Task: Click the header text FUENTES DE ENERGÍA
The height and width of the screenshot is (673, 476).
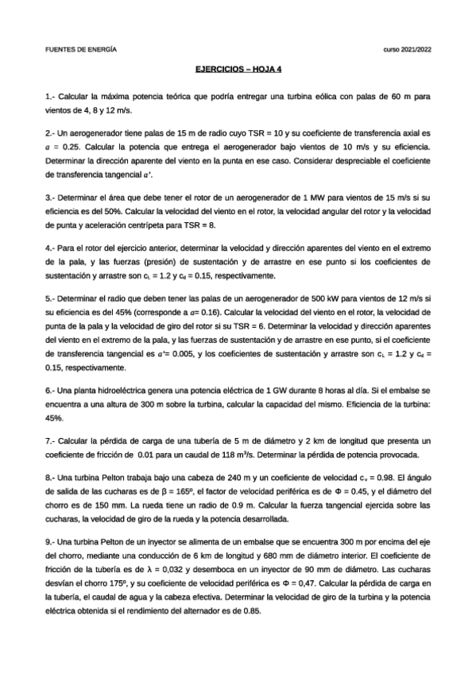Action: tap(81, 49)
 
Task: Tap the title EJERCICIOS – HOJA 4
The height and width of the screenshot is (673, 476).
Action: tap(238, 69)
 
